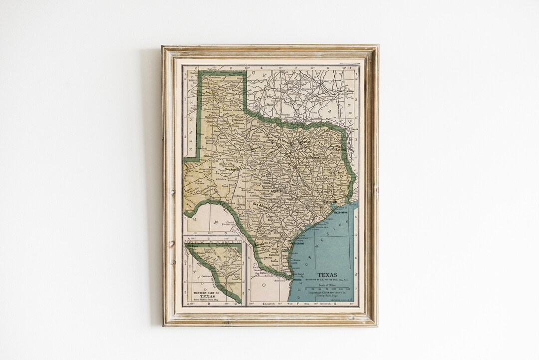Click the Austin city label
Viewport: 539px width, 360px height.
click(275, 191)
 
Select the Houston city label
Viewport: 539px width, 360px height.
click(332, 201)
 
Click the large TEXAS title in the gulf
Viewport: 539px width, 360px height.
click(327, 275)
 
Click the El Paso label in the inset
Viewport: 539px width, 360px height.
click(192, 246)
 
